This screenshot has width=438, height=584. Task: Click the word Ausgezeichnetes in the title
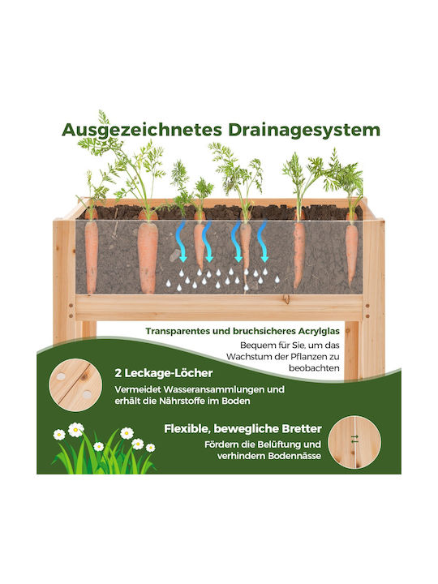tap(142, 131)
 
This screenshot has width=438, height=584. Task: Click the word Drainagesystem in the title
tap(304, 131)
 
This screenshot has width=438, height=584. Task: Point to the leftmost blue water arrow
tap(181, 241)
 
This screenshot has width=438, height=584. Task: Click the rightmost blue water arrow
tap(263, 241)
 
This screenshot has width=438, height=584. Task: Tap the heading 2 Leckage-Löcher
tap(164, 373)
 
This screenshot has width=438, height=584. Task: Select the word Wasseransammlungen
tap(214, 389)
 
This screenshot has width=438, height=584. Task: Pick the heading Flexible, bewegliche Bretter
tap(243, 429)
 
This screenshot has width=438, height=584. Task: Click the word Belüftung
tap(278, 444)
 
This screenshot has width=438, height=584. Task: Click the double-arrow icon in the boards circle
tap(354, 439)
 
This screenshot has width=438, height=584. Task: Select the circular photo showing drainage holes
tap(75, 385)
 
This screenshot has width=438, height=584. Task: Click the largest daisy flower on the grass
tap(75, 430)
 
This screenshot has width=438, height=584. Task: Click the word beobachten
tap(315, 368)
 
